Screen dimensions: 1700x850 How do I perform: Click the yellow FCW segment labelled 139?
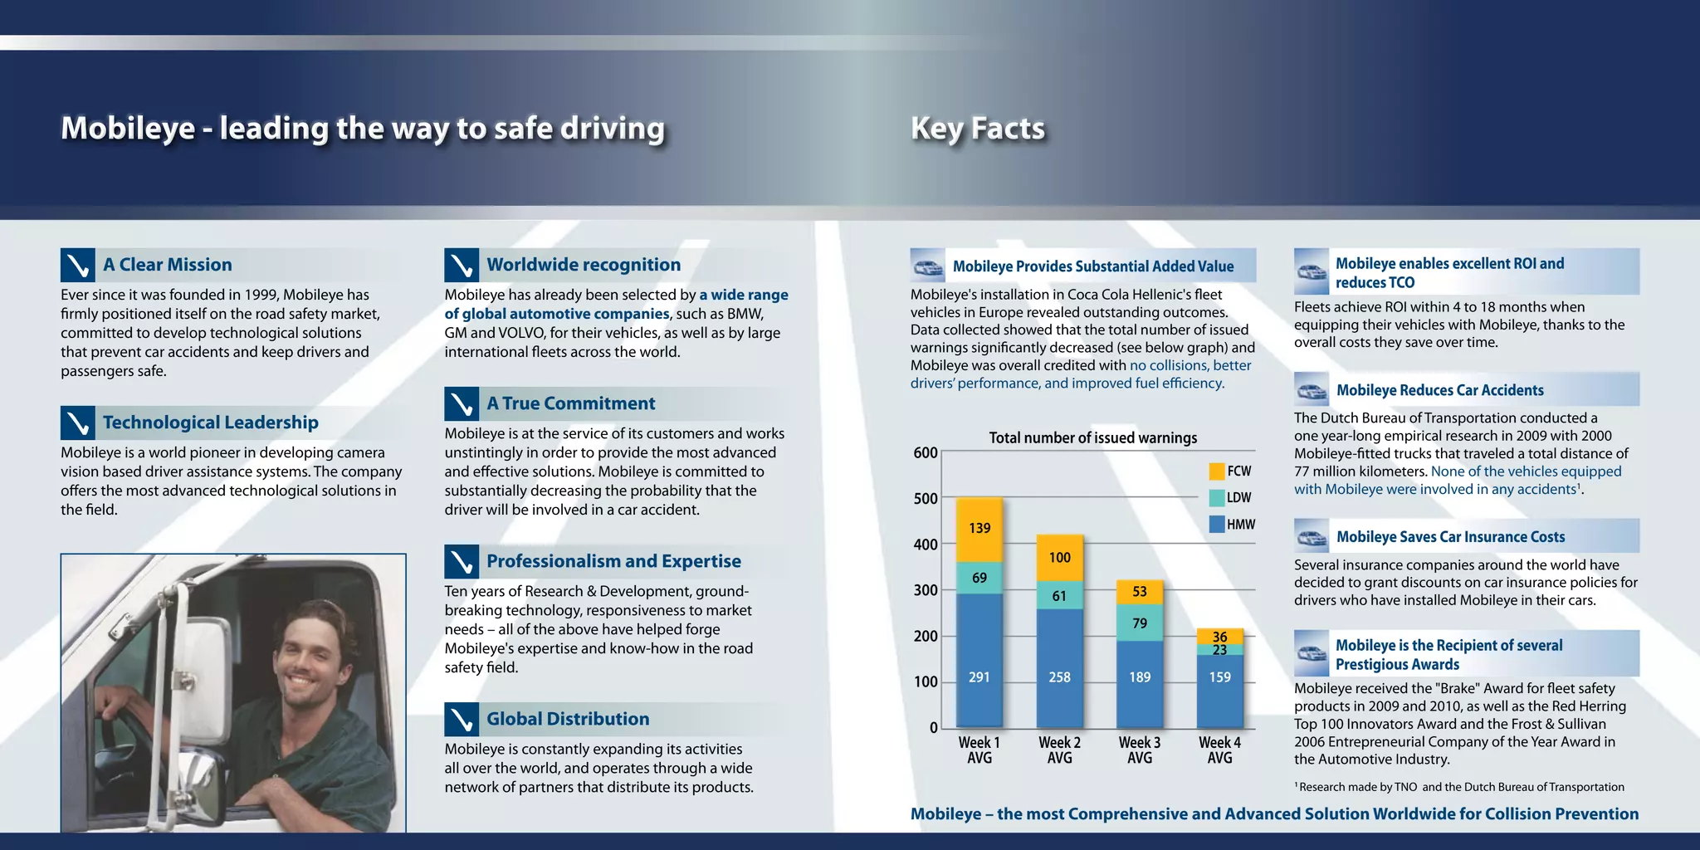979,530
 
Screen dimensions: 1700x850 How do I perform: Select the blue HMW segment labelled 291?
979,660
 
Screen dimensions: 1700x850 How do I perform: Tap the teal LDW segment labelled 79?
1140,623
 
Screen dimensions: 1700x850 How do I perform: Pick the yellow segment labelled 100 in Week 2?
1059,558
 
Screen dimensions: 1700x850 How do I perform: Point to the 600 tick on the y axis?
926,452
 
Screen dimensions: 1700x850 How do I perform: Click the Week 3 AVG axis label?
1140,750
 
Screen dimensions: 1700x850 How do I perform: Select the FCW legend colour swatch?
1217,471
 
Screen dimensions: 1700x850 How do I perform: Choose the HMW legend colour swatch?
1217,524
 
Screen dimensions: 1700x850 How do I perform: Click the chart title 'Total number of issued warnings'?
1092,437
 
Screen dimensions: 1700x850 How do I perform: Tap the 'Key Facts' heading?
978,128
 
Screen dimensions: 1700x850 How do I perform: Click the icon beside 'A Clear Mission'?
77,265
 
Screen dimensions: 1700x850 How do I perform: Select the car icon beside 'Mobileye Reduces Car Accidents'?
1312,389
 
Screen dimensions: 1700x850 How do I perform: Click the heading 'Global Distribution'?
568,719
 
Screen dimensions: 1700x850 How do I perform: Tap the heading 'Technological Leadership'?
211,423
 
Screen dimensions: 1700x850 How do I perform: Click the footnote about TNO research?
1459,787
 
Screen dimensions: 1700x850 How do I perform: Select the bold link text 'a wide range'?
744,295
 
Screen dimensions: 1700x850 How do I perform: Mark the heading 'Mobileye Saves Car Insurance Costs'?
1450,537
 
